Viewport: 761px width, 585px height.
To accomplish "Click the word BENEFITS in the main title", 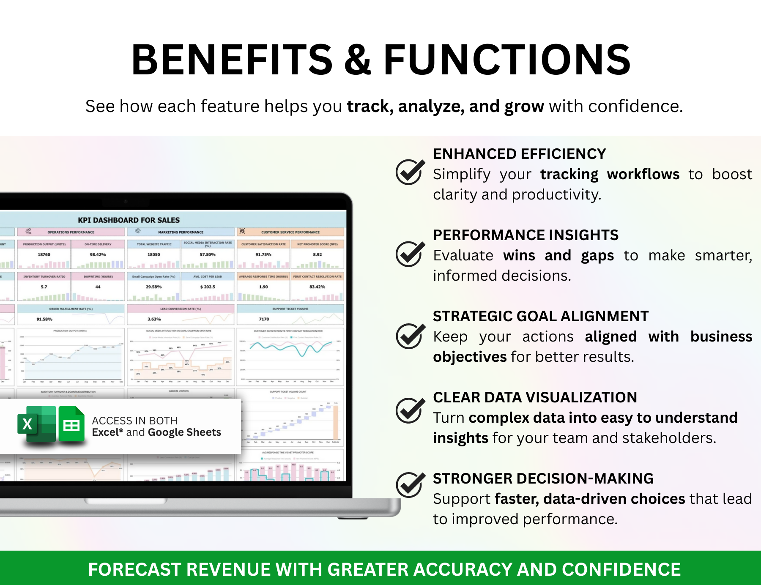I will (232, 60).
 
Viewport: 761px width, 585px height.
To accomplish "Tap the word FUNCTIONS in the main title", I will (506, 60).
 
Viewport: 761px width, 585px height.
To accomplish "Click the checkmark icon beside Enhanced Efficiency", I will (410, 172).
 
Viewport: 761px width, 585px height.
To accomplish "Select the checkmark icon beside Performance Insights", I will (410, 254).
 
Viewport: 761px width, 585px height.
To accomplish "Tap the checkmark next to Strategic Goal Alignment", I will (410, 336).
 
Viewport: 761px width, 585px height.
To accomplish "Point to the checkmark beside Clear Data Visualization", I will (410, 410).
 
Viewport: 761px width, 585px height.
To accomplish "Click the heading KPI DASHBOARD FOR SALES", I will (129, 220).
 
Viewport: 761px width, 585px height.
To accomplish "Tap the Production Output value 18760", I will (44, 254).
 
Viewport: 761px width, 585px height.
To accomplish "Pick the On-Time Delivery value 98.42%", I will (98, 254).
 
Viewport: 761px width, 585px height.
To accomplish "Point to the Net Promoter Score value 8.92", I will (317, 254).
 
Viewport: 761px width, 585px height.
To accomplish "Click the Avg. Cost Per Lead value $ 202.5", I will (208, 287).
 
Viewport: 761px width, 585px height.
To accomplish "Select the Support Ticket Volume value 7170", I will (264, 319).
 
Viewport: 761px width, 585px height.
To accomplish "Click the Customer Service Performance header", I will (290, 232).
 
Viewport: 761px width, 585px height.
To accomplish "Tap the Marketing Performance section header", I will (181, 232).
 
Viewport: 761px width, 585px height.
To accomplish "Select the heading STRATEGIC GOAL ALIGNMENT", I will (540, 316).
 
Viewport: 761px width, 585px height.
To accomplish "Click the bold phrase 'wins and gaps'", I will (558, 255).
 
